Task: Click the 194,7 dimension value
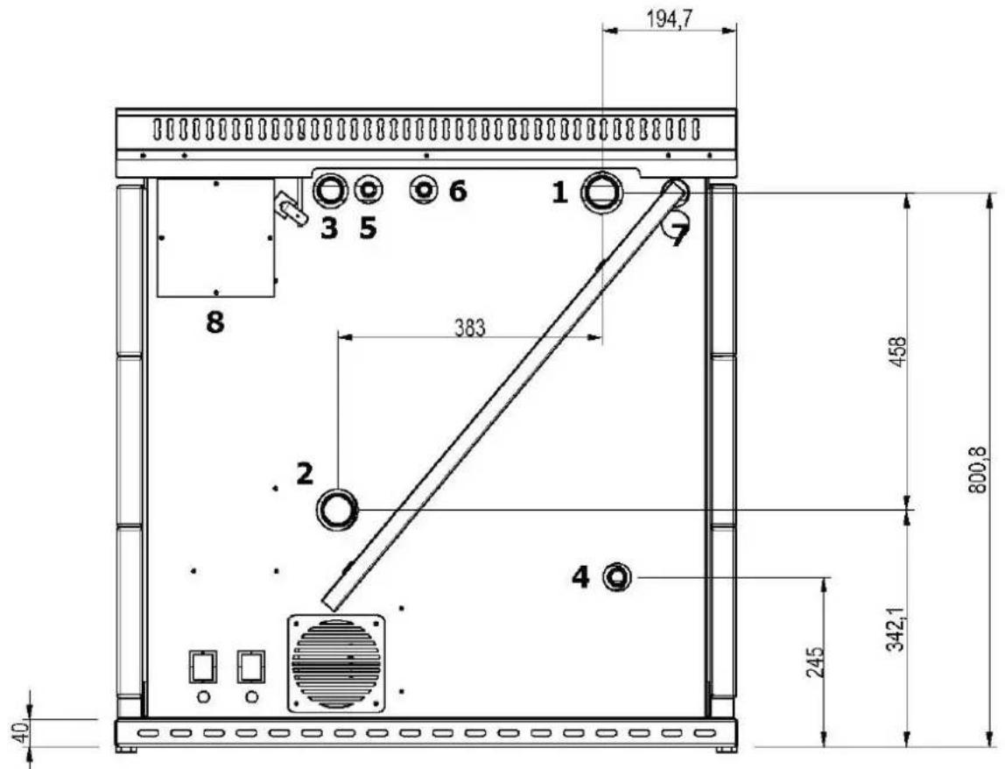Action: [x=669, y=19]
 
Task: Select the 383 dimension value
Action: [x=470, y=328]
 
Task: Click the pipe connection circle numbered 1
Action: [x=601, y=193]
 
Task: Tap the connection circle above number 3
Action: [x=330, y=190]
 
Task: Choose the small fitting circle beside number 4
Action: [x=617, y=577]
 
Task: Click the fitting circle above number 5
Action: [x=368, y=190]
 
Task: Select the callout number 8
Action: [x=214, y=322]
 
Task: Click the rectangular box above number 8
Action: [x=216, y=238]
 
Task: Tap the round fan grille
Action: [x=336, y=663]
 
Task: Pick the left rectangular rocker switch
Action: [x=202, y=667]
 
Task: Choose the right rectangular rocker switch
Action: [x=251, y=667]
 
